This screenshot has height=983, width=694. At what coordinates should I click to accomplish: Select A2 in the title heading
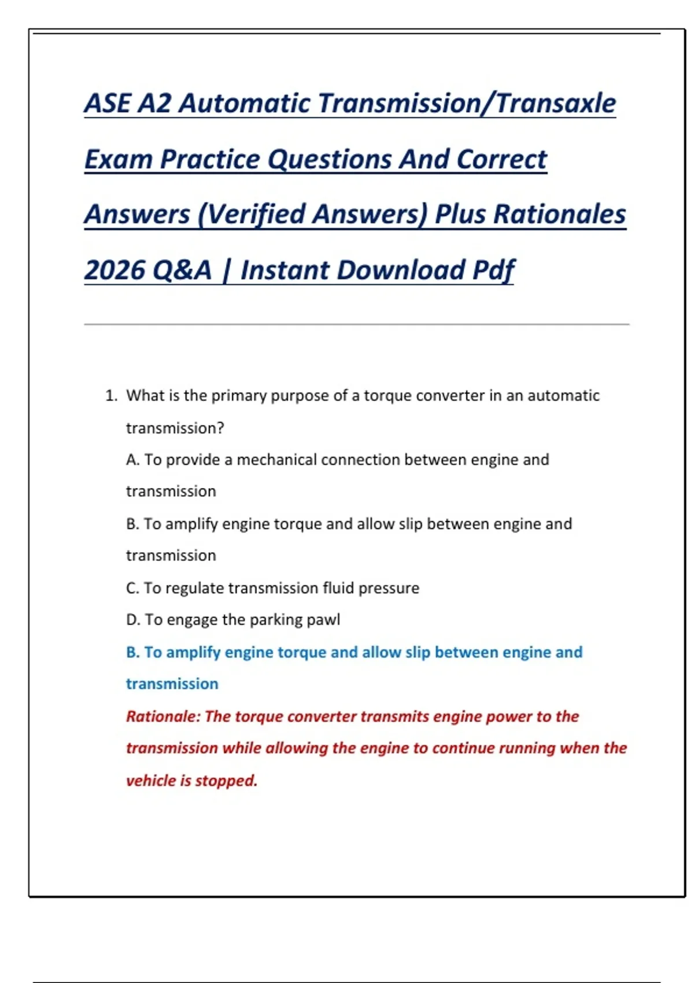[154, 103]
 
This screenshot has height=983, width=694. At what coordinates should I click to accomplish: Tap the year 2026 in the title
[114, 269]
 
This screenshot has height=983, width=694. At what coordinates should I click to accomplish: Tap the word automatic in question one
[563, 396]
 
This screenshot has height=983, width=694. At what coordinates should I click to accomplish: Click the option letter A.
[132, 460]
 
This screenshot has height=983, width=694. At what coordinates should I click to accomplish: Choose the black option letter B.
[132, 524]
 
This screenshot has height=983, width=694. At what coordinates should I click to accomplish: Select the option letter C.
[132, 588]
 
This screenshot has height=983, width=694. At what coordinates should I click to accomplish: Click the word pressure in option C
[389, 589]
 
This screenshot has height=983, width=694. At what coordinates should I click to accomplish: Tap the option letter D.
[132, 620]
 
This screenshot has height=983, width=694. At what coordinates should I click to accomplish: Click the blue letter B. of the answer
[132, 652]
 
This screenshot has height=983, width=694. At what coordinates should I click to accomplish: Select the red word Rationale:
[163, 716]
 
